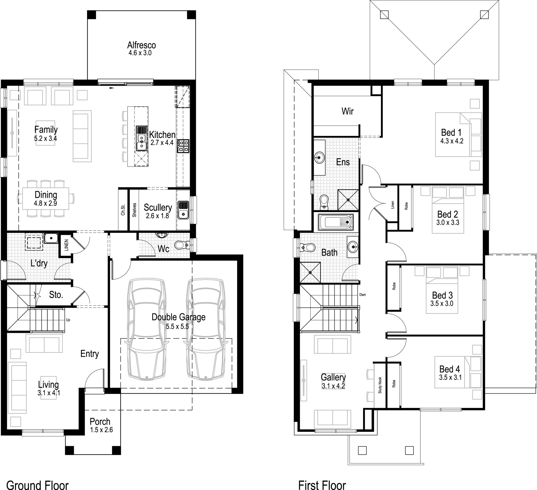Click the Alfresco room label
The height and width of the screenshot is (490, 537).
(141, 45)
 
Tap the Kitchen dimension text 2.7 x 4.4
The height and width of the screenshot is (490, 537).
(162, 143)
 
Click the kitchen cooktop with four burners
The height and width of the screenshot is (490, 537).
(183, 146)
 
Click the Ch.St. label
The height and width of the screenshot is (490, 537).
(123, 210)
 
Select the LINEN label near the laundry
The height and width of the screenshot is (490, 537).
(66, 245)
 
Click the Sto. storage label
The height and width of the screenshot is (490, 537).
(56, 295)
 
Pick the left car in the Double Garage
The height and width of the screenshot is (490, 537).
(147, 329)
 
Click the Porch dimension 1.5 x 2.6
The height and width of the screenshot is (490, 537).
(101, 430)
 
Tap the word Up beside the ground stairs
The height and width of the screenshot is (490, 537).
(68, 320)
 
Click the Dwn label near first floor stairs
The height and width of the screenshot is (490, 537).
(362, 295)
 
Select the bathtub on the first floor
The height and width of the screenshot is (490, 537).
(336, 222)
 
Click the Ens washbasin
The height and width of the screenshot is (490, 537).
(319, 158)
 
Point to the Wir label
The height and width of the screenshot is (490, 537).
(347, 111)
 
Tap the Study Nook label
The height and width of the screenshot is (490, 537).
(380, 385)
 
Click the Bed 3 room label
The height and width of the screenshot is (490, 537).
(442, 295)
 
